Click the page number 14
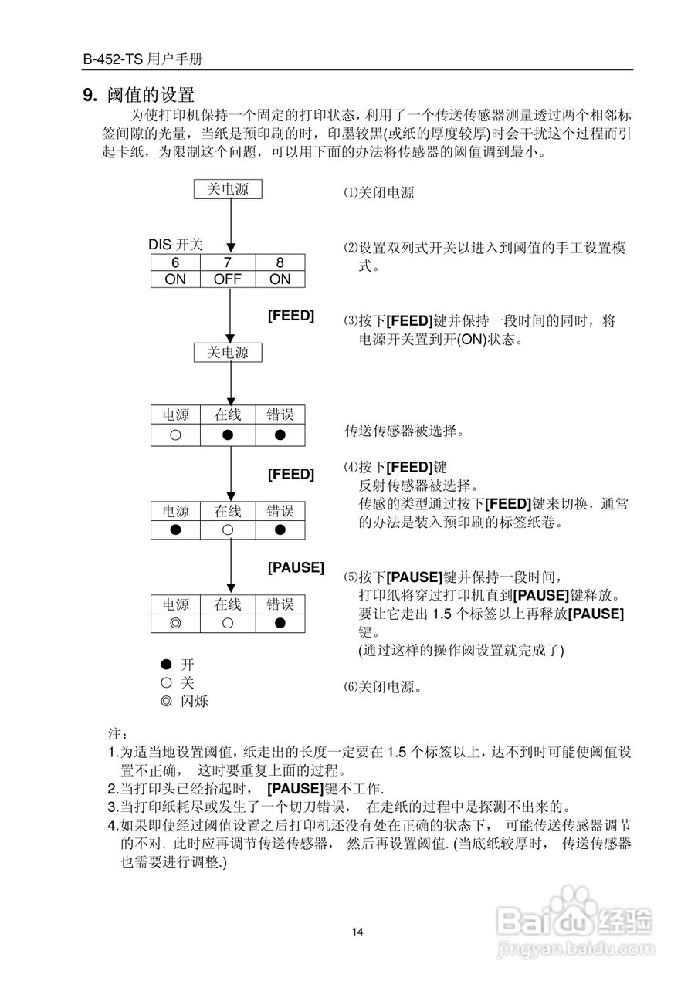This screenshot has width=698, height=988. [357, 932]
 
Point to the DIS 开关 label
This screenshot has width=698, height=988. [175, 245]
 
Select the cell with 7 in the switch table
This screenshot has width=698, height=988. [228, 262]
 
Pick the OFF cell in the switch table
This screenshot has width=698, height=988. [228, 279]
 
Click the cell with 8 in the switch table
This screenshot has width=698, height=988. [280, 262]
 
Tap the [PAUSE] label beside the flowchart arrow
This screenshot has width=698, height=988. [296, 567]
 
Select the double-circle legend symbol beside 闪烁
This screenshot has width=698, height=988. [165, 702]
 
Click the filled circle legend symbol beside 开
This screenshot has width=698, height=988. [165, 664]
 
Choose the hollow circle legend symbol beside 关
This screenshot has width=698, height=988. [165, 682]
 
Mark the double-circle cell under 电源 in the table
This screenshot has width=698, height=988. [175, 622]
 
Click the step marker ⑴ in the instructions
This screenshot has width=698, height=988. [351, 193]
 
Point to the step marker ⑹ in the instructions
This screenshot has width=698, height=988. [351, 686]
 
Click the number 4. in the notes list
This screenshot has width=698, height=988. [113, 826]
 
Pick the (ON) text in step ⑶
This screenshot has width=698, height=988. [472, 340]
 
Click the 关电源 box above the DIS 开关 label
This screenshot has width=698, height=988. [228, 189]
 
